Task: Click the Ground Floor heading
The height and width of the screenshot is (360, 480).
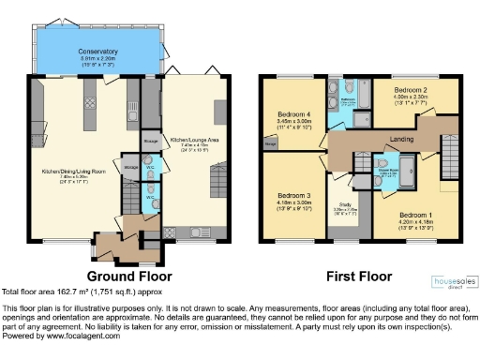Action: pos(129,277)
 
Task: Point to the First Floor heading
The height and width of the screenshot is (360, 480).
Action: pos(358,277)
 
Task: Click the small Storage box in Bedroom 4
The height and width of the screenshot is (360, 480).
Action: pos(271,144)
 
